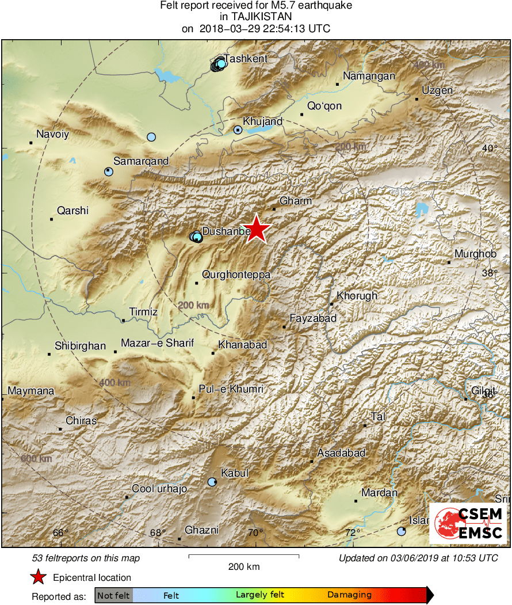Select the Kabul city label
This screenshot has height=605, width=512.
pos(235,473)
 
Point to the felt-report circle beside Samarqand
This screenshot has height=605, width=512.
pos(109,172)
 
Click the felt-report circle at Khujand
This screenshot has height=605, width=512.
pos(238,130)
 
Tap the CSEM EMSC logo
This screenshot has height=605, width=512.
pos(468,523)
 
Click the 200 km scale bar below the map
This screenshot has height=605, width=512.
pos(244,556)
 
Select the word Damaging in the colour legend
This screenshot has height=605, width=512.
pos(349,595)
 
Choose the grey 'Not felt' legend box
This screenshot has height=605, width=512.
pos(113,595)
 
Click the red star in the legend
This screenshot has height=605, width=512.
pos(38,577)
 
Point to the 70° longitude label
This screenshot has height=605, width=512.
pos(256,532)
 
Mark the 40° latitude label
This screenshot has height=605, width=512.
pos(490,148)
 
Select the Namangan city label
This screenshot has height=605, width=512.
pos(369,76)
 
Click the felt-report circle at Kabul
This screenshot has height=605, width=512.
pos(212,482)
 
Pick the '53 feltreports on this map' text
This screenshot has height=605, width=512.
pos(86,558)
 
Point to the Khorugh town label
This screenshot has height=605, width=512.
pos(357,296)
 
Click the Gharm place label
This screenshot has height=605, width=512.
pos(296,201)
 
